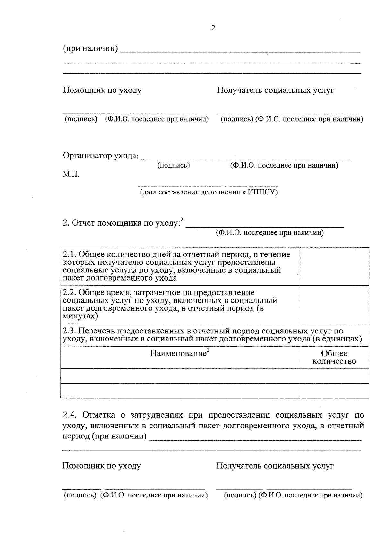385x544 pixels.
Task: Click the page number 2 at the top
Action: point(213,28)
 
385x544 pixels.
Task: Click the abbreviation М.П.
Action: point(71,174)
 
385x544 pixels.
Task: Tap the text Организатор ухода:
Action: point(100,156)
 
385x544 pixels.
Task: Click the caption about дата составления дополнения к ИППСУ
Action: point(208,192)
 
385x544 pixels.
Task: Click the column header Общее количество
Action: point(334,357)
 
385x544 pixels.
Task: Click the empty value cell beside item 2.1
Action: point(334,266)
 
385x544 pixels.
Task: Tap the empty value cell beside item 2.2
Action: point(334,305)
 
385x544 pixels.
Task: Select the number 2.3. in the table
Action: point(70,331)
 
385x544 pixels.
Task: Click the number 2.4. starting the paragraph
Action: point(70,415)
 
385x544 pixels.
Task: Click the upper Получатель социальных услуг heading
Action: point(275,90)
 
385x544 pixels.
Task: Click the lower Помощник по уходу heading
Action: point(101,466)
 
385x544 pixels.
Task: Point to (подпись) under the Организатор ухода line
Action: point(173,165)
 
